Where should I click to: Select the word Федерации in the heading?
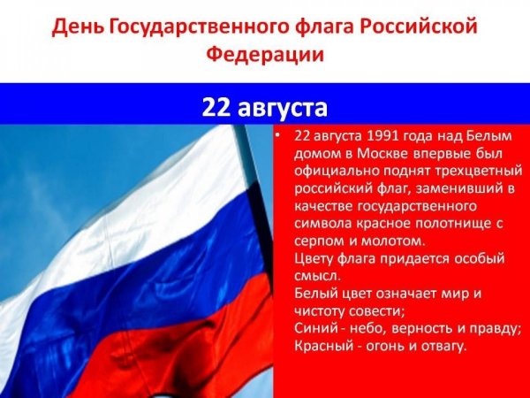point(264,55)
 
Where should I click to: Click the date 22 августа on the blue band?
point(264,107)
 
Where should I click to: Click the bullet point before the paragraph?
point(278,138)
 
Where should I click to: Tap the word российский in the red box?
point(332,189)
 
